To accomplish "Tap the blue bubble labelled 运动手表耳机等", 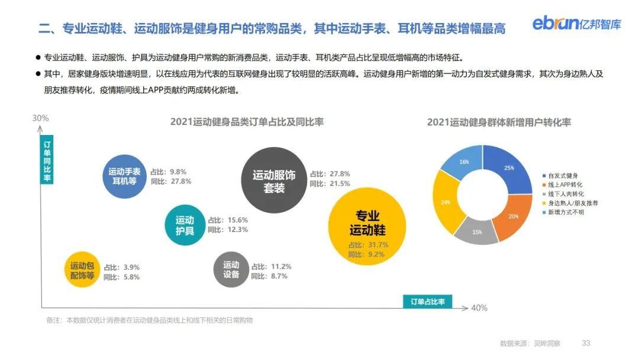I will (x=124, y=176).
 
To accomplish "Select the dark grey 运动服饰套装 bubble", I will (x=273, y=181).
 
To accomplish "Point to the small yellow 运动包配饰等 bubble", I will (x=82, y=271).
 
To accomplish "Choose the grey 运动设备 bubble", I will (x=231, y=269).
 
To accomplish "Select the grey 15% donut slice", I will (x=477, y=231).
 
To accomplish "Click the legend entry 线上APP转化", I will (x=566, y=185).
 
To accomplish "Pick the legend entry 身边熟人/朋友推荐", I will (x=572, y=202).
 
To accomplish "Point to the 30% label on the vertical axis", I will (x=40, y=118).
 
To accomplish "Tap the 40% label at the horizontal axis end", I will (x=479, y=308).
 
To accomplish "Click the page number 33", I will (x=586, y=343).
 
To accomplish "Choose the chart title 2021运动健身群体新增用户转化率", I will (x=499, y=123).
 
